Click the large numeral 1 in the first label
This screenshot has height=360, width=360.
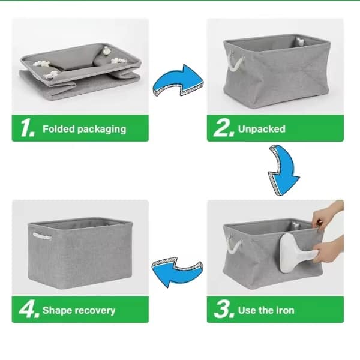click(28, 128)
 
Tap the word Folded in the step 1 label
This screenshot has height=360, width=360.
click(59, 129)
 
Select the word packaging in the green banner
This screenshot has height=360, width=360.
click(102, 130)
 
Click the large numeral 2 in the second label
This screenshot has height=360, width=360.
click(224, 128)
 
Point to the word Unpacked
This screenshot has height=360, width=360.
click(262, 129)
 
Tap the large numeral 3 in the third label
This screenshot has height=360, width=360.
click(224, 310)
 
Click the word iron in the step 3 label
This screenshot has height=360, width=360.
click(285, 310)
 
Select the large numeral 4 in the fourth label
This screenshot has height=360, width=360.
click(29, 310)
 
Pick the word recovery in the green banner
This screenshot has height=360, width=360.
click(95, 311)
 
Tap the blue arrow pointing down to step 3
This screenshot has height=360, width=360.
click(283, 170)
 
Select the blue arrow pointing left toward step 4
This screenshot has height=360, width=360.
click(177, 272)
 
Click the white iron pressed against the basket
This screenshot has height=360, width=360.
click(296, 253)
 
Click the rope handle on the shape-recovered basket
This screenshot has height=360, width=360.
click(42, 236)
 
